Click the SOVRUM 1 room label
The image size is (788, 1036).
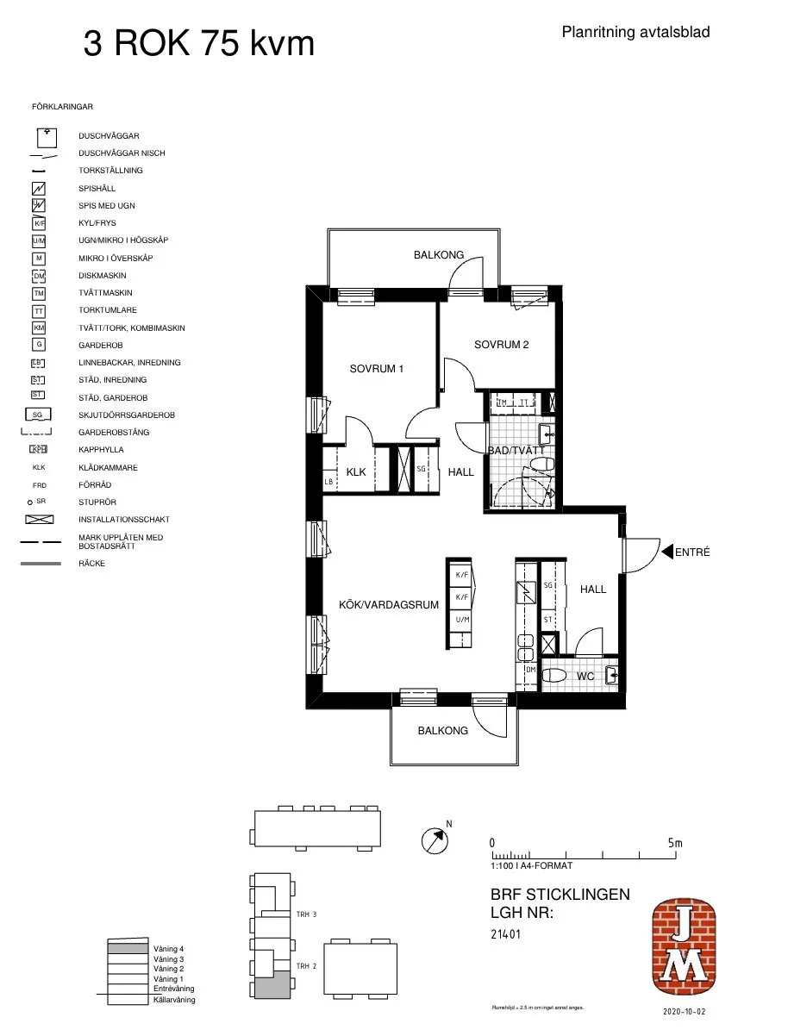(x=377, y=369)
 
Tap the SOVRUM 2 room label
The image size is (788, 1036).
(x=501, y=345)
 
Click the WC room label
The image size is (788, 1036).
(x=585, y=677)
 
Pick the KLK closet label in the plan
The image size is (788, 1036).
(x=356, y=472)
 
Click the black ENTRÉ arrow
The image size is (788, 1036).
(x=666, y=552)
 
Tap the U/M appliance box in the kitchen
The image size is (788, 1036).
(x=461, y=620)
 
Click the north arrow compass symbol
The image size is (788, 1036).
(x=436, y=839)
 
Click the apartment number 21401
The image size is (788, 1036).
(x=505, y=933)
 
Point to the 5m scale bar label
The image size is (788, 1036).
(x=674, y=843)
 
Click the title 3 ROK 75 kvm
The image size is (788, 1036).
(x=198, y=43)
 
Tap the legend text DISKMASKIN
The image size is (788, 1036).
(x=103, y=276)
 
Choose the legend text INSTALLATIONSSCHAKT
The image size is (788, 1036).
(x=123, y=520)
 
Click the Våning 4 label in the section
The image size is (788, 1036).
(x=169, y=949)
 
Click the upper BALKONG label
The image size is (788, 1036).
(x=438, y=255)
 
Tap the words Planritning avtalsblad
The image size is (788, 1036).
(x=635, y=33)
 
